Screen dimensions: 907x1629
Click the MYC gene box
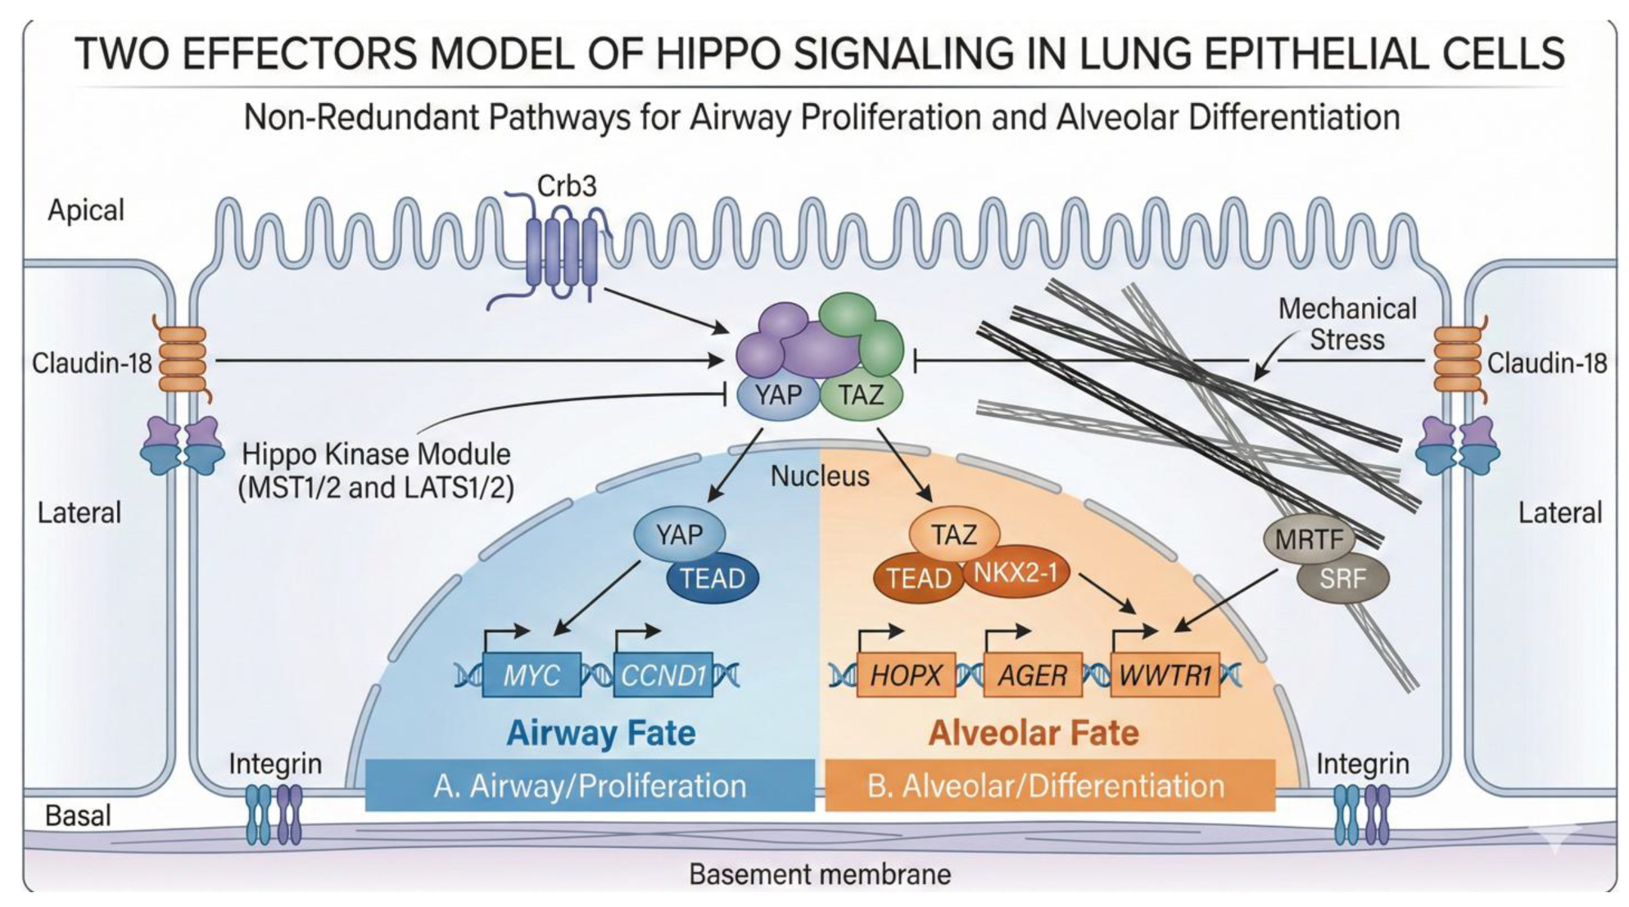click(532, 675)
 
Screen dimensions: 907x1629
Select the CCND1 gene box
click(663, 675)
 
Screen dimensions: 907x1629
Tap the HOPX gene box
click(906, 675)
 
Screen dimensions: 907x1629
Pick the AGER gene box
click(1032, 675)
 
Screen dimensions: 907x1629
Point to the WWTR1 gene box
click(1165, 675)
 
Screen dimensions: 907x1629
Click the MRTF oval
click(1309, 539)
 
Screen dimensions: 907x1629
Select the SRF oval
click(1342, 579)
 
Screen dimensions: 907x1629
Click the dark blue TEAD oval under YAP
click(713, 579)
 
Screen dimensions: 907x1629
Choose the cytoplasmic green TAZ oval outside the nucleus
click(862, 395)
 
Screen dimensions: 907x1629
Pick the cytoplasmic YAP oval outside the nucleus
click(778, 395)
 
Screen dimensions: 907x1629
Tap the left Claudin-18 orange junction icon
click(183, 361)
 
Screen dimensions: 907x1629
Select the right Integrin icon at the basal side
click(1361, 814)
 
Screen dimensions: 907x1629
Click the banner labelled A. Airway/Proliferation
click(590, 786)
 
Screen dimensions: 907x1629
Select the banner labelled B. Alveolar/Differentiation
click(1048, 786)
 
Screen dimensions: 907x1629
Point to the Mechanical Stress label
click(1346, 324)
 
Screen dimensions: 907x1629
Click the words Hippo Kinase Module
click(376, 454)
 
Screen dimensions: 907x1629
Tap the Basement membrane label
click(819, 874)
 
